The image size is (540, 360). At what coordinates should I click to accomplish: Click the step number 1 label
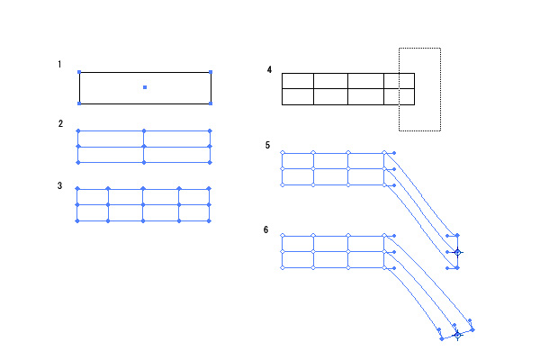click(x=59, y=65)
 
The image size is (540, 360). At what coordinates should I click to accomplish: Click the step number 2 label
click(x=59, y=123)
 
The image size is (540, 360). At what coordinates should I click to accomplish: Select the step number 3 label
click(x=59, y=186)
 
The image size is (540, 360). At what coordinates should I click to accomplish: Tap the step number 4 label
click(x=269, y=69)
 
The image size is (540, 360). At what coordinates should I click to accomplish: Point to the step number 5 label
click(x=267, y=145)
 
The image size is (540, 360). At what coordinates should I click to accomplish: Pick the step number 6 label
click(x=266, y=229)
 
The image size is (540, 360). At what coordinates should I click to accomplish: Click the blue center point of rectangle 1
click(x=145, y=87)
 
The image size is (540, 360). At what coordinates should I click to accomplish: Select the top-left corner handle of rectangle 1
click(x=79, y=72)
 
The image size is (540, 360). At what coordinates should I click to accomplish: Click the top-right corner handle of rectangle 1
click(x=211, y=72)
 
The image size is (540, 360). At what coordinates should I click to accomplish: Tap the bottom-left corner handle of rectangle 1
click(x=79, y=103)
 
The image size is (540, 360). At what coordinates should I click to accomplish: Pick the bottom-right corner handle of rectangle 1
click(x=211, y=103)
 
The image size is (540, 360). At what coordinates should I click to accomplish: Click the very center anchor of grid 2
click(x=144, y=146)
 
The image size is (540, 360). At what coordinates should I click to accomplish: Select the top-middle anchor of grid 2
click(x=144, y=130)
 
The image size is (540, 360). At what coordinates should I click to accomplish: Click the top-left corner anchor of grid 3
click(x=78, y=189)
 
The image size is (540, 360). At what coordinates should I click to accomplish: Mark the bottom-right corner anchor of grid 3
click(x=210, y=220)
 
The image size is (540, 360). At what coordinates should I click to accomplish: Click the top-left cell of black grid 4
click(x=298, y=81)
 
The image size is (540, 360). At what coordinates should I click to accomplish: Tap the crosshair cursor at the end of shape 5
click(x=457, y=253)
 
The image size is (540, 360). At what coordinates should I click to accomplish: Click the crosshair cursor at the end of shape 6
click(x=457, y=334)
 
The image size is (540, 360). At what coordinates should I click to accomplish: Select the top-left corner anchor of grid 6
click(x=283, y=236)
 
